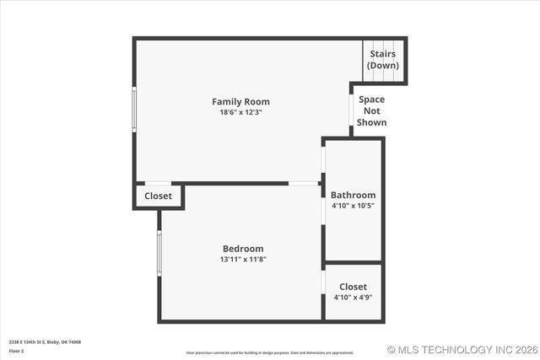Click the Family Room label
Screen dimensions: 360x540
[240, 102]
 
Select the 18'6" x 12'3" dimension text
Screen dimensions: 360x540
[240, 112]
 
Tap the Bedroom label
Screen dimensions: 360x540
[243, 249]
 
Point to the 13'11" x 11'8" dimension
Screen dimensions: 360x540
[243, 260]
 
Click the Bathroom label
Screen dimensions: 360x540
[353, 195]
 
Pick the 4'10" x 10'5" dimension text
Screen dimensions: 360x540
[353, 205]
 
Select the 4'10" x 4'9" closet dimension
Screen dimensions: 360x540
[353, 297]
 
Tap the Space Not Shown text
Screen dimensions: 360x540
[372, 110]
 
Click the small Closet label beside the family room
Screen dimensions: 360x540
[158, 196]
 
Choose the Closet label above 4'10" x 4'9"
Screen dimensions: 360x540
[353, 287]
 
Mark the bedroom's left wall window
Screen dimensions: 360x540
[159, 253]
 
